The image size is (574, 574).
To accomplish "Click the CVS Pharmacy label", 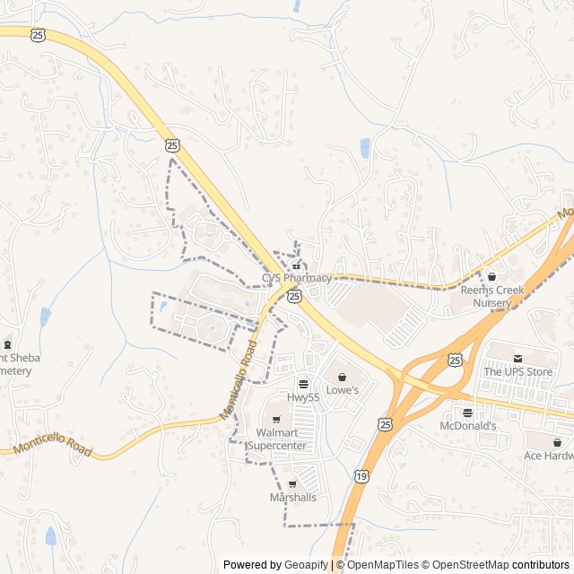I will click(297, 278).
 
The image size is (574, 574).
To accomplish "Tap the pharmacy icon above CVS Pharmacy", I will click(297, 266).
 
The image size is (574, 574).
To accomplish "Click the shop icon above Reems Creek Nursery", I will click(491, 276).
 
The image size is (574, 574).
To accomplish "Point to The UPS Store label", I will click(518, 371).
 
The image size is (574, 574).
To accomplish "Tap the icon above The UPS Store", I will click(517, 358).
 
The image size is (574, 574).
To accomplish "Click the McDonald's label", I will click(468, 426).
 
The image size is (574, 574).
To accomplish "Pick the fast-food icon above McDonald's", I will click(467, 413).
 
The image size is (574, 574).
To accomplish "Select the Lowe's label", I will click(342, 390).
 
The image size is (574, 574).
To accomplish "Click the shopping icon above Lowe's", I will click(342, 378).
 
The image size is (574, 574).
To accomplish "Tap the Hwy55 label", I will click(303, 396).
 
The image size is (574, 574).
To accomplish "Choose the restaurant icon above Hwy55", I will click(303, 384).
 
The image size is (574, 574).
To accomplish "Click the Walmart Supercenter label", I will click(277, 439).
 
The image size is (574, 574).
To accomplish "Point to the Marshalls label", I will click(292, 498).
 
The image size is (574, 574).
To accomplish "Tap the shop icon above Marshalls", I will click(292, 484).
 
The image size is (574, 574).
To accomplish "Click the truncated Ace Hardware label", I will click(548, 456).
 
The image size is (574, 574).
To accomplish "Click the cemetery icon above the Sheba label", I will click(8, 344).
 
